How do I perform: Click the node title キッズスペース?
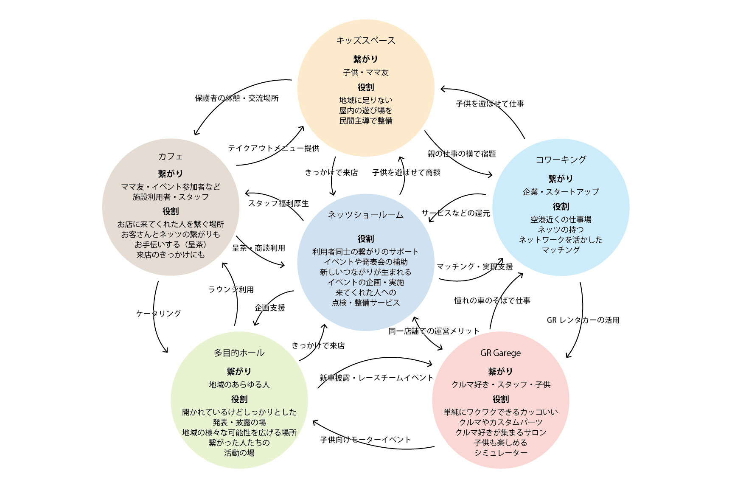pos(365,41)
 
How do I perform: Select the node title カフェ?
pos(170,157)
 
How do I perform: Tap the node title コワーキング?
pos(561,160)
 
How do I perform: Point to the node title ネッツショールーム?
pos(365,215)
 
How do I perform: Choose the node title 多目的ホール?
pos(239,353)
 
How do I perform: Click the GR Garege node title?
pos(500,353)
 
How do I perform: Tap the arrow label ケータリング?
pos(158,314)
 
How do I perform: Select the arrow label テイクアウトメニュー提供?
pos(273,148)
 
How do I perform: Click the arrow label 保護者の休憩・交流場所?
pos(237,98)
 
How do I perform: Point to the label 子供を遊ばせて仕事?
pos(490,104)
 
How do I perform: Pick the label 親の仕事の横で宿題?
pos(462,154)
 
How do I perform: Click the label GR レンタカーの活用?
pos(583,320)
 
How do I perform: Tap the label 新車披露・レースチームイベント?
pos(376,378)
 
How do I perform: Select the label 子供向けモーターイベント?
pos(365,440)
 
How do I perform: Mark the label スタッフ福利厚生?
pos(278,204)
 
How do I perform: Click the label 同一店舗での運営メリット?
pos(434,331)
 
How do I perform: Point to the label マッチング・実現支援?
pos(474,266)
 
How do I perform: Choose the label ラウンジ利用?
pos(231,289)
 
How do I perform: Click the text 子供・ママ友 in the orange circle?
pos(365,73)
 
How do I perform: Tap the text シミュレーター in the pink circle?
pos(500,453)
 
